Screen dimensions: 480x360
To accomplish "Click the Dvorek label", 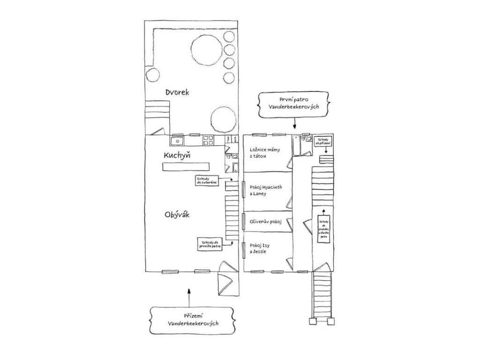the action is point(177,93).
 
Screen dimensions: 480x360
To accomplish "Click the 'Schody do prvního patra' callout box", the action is point(209,244).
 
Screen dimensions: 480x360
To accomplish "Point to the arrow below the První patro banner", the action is point(295,123).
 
